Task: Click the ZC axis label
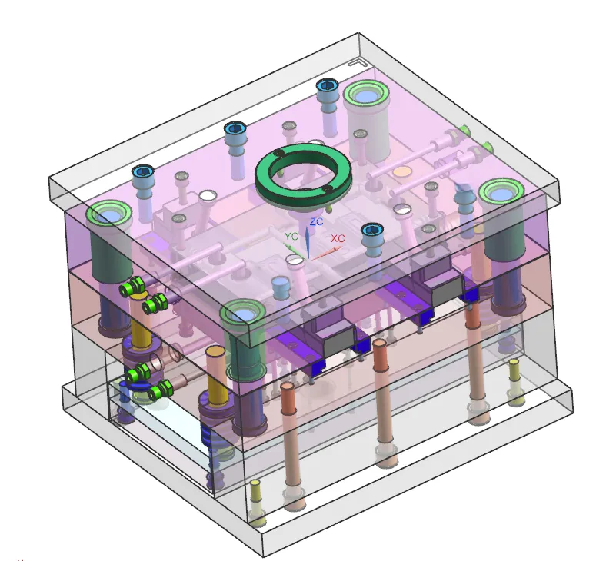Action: click(316, 221)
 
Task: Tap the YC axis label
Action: click(291, 236)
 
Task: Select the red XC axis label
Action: click(338, 238)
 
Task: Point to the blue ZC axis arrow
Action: click(307, 243)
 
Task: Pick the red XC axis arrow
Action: click(326, 254)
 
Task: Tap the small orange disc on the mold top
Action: click(402, 171)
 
